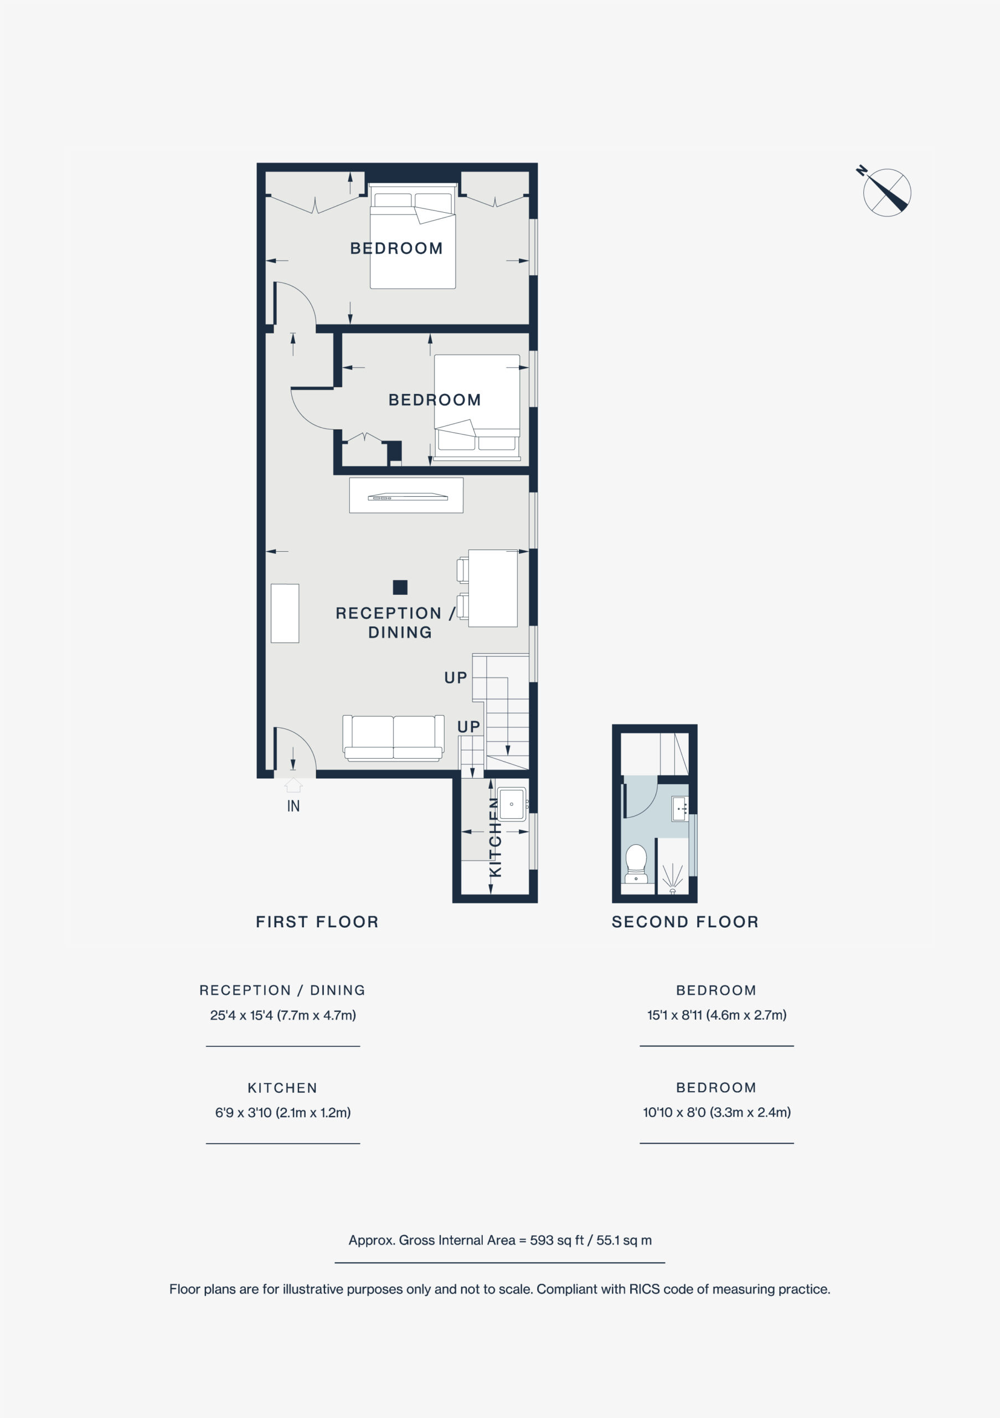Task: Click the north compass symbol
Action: coord(886,192)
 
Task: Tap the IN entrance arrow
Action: coord(293,784)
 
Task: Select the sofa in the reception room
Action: coord(393,737)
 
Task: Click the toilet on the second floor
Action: coord(636,864)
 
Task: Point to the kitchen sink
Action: coord(511,804)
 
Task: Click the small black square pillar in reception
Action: coord(400,587)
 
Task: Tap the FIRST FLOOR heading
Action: coord(317,922)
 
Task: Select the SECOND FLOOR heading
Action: coord(685,922)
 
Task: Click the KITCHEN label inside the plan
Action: coord(495,837)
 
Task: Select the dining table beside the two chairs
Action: coord(493,588)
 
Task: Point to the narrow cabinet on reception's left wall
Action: coord(285,613)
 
